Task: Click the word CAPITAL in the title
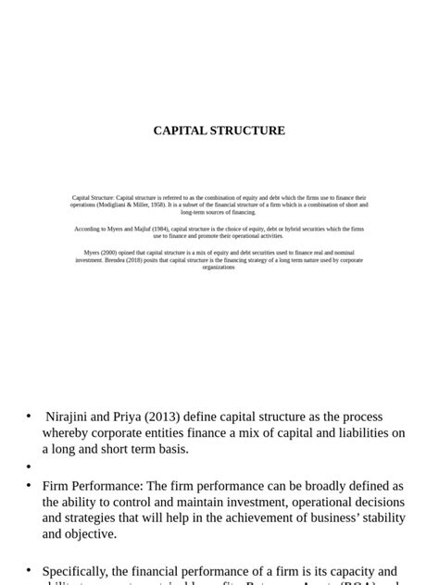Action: [x=181, y=131]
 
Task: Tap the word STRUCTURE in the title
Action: [x=248, y=131]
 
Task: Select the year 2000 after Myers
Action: [x=109, y=253]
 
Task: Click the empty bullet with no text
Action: [x=29, y=467]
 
